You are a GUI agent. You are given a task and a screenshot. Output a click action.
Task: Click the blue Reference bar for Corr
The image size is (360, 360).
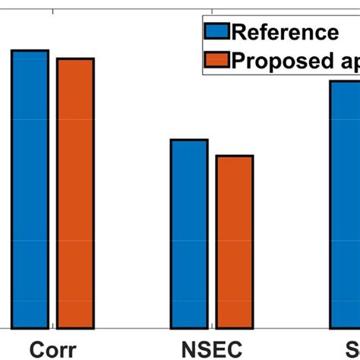point(30,190)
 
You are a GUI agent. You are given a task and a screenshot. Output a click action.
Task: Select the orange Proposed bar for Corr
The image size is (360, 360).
point(75,194)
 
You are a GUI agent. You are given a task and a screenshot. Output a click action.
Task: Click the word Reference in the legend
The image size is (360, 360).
point(284,32)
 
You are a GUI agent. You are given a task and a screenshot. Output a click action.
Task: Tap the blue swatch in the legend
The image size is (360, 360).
point(216,32)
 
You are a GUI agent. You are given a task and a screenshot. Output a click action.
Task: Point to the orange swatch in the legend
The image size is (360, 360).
point(216,59)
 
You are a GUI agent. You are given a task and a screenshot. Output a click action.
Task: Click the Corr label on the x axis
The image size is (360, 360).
point(52,349)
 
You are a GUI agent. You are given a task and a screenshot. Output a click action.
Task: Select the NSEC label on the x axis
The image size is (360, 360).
point(211,349)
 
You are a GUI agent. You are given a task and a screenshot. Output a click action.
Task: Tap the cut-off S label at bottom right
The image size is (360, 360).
point(352,349)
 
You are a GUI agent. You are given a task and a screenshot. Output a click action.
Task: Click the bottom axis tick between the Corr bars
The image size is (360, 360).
point(52,327)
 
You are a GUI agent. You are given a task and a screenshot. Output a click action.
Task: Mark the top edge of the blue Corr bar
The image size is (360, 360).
point(30,51)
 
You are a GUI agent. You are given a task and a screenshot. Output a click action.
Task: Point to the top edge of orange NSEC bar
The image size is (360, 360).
point(235,156)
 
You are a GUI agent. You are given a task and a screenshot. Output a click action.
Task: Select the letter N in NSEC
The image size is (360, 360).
point(189,349)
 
